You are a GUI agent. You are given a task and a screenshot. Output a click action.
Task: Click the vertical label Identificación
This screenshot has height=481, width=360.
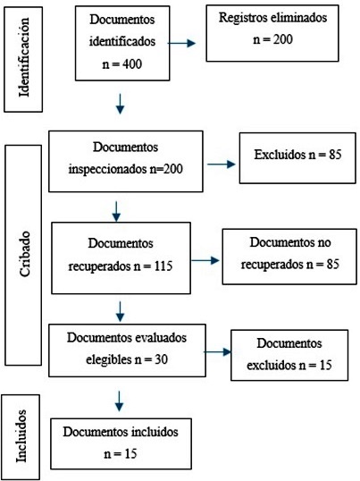coord(23,57)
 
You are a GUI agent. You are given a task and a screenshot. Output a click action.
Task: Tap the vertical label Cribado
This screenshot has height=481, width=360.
coord(24,254)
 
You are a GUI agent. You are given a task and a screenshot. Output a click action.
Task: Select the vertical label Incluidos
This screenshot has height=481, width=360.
coord(21,436)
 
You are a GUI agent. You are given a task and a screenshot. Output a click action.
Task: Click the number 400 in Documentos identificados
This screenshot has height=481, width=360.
coord(132,63)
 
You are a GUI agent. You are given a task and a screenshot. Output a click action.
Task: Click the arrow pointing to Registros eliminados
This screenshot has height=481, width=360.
coord(181,43)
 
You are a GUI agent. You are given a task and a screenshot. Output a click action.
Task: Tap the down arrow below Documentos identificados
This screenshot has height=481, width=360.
coord(120,104)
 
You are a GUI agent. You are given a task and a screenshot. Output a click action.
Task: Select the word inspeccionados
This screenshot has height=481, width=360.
coord(108,170)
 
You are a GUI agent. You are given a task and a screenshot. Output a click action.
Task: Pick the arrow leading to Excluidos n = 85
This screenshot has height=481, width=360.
coord(222,165)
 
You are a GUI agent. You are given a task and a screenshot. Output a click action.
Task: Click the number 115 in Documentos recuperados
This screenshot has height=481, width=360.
coord(163,266)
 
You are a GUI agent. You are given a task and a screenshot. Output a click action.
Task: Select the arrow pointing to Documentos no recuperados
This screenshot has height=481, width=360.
coord(205,261)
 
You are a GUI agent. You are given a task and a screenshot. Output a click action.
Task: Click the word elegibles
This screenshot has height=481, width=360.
coord(108,359)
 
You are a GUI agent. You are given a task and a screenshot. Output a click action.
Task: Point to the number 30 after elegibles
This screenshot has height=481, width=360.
coord(161,359)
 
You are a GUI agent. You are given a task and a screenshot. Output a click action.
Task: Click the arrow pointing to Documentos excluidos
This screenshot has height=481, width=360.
coord(218,352)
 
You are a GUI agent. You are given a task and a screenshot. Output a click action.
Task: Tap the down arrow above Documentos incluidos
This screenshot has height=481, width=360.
coord(119,401)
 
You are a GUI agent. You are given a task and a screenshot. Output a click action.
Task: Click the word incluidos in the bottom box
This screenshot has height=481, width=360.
coord(155,432)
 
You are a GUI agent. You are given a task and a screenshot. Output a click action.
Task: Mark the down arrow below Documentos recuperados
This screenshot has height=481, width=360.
coord(120,312)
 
